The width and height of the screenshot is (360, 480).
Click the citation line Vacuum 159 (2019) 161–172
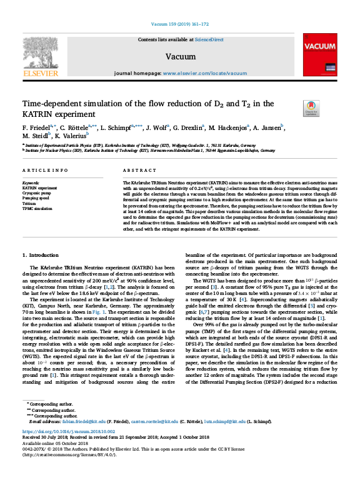[x=180, y=25]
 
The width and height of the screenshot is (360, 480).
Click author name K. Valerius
[x=73, y=136]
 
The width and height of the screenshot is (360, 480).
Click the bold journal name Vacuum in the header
[x=179, y=56]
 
